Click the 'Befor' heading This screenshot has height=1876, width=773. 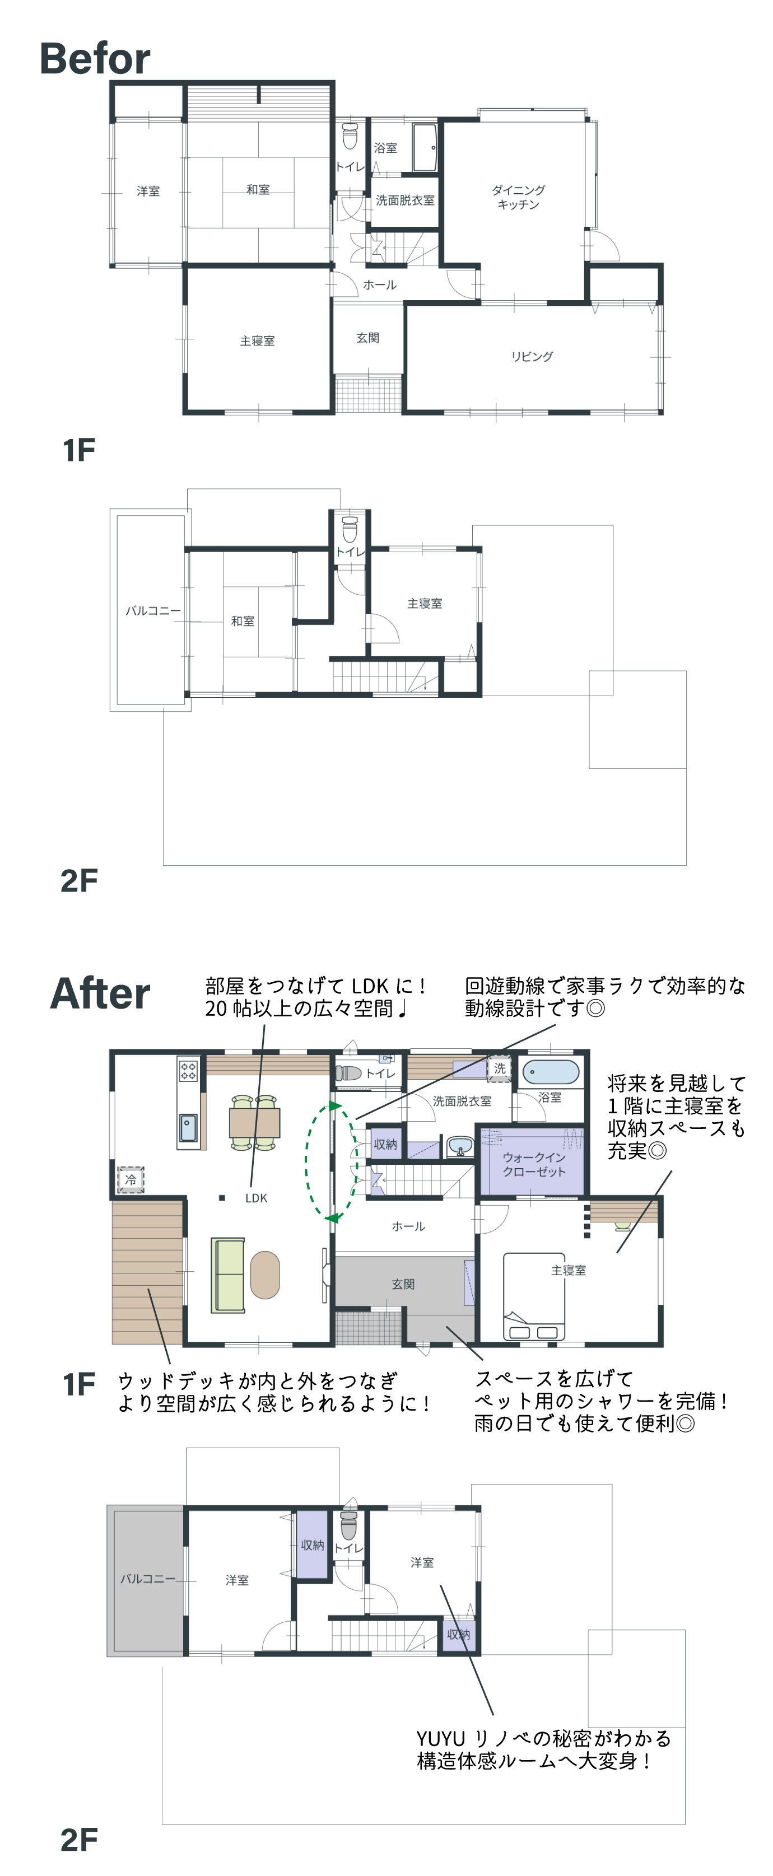click(x=95, y=58)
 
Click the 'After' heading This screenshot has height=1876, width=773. click(x=100, y=993)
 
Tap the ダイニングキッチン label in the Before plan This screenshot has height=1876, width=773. click(x=518, y=197)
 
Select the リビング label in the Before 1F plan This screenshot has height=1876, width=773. click(x=532, y=356)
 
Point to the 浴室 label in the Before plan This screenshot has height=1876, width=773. click(x=385, y=148)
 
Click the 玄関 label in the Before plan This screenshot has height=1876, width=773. click(x=368, y=338)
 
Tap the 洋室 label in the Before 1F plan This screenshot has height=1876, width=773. click(x=148, y=191)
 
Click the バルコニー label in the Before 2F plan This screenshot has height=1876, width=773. click(x=153, y=610)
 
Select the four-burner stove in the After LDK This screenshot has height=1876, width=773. click(x=188, y=1070)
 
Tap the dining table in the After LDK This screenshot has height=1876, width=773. click(x=255, y=1122)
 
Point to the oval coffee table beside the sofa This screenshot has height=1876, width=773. click(x=264, y=1275)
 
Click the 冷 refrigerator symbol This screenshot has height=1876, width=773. click(x=131, y=1179)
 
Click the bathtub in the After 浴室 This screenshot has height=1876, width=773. click(x=551, y=1072)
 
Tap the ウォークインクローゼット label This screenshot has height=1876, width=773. click(x=534, y=1164)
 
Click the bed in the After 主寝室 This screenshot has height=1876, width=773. click(x=534, y=1296)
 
